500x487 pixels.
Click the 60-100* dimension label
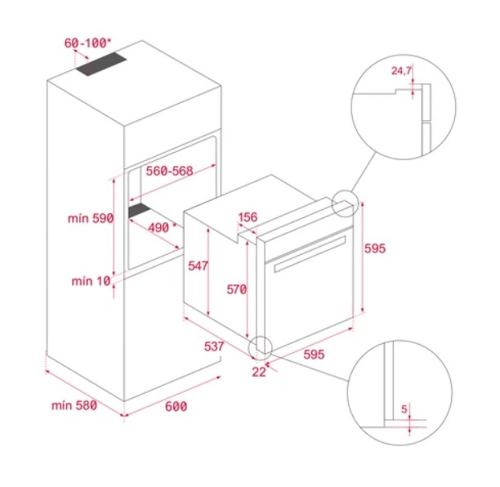click(x=87, y=43)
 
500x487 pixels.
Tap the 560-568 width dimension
click(x=169, y=171)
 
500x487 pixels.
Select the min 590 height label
click(x=91, y=218)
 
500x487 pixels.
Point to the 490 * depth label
click(x=163, y=227)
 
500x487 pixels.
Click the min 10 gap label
click(x=91, y=281)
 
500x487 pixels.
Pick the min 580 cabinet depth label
click(x=74, y=405)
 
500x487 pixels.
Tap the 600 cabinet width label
click(x=176, y=407)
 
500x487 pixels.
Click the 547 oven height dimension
click(x=198, y=266)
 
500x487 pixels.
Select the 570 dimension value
click(x=237, y=289)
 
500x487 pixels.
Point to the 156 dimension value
click(x=248, y=217)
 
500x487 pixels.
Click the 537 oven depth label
click(x=214, y=346)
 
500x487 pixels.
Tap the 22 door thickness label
click(x=259, y=372)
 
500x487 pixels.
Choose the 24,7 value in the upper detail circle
click(x=401, y=70)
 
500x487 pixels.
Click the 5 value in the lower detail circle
click(x=404, y=409)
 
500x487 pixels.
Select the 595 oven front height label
click(x=375, y=248)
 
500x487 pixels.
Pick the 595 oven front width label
click(x=314, y=355)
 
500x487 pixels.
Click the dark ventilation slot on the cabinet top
click(x=100, y=64)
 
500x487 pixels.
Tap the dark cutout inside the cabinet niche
click(x=140, y=211)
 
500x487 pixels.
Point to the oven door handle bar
click(x=310, y=254)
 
